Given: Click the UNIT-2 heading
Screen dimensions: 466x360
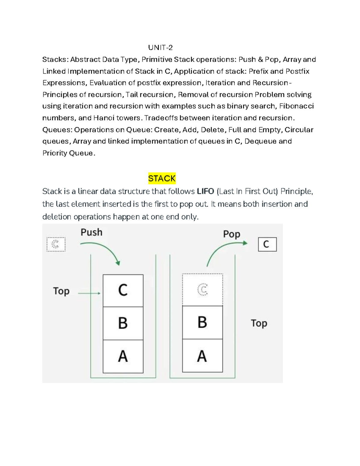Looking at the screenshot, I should (x=160, y=47).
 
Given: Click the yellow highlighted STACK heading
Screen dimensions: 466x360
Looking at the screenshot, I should (x=162, y=179).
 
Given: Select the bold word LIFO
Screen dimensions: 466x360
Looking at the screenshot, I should (x=205, y=191).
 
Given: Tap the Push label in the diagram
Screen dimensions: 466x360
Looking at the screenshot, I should (x=91, y=232).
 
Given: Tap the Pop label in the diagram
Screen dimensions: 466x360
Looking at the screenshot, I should (x=232, y=234).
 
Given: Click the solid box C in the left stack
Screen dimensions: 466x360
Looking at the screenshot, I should (x=123, y=290).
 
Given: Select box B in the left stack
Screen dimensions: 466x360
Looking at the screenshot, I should (x=123, y=323).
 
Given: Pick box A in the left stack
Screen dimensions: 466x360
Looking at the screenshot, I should (x=123, y=356).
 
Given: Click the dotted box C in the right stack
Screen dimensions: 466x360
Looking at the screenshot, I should (x=202, y=290).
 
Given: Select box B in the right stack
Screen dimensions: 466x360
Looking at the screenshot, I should (x=202, y=323).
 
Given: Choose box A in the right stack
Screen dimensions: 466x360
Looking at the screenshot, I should (x=202, y=356).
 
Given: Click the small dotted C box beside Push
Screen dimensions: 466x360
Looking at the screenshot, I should (x=56, y=244).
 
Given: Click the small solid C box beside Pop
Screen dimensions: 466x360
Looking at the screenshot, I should (x=267, y=244).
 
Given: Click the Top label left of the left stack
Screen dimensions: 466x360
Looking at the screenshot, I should (x=61, y=291).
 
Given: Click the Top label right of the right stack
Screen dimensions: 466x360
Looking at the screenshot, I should (x=259, y=323).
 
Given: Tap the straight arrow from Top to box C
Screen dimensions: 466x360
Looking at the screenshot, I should (x=89, y=293).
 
